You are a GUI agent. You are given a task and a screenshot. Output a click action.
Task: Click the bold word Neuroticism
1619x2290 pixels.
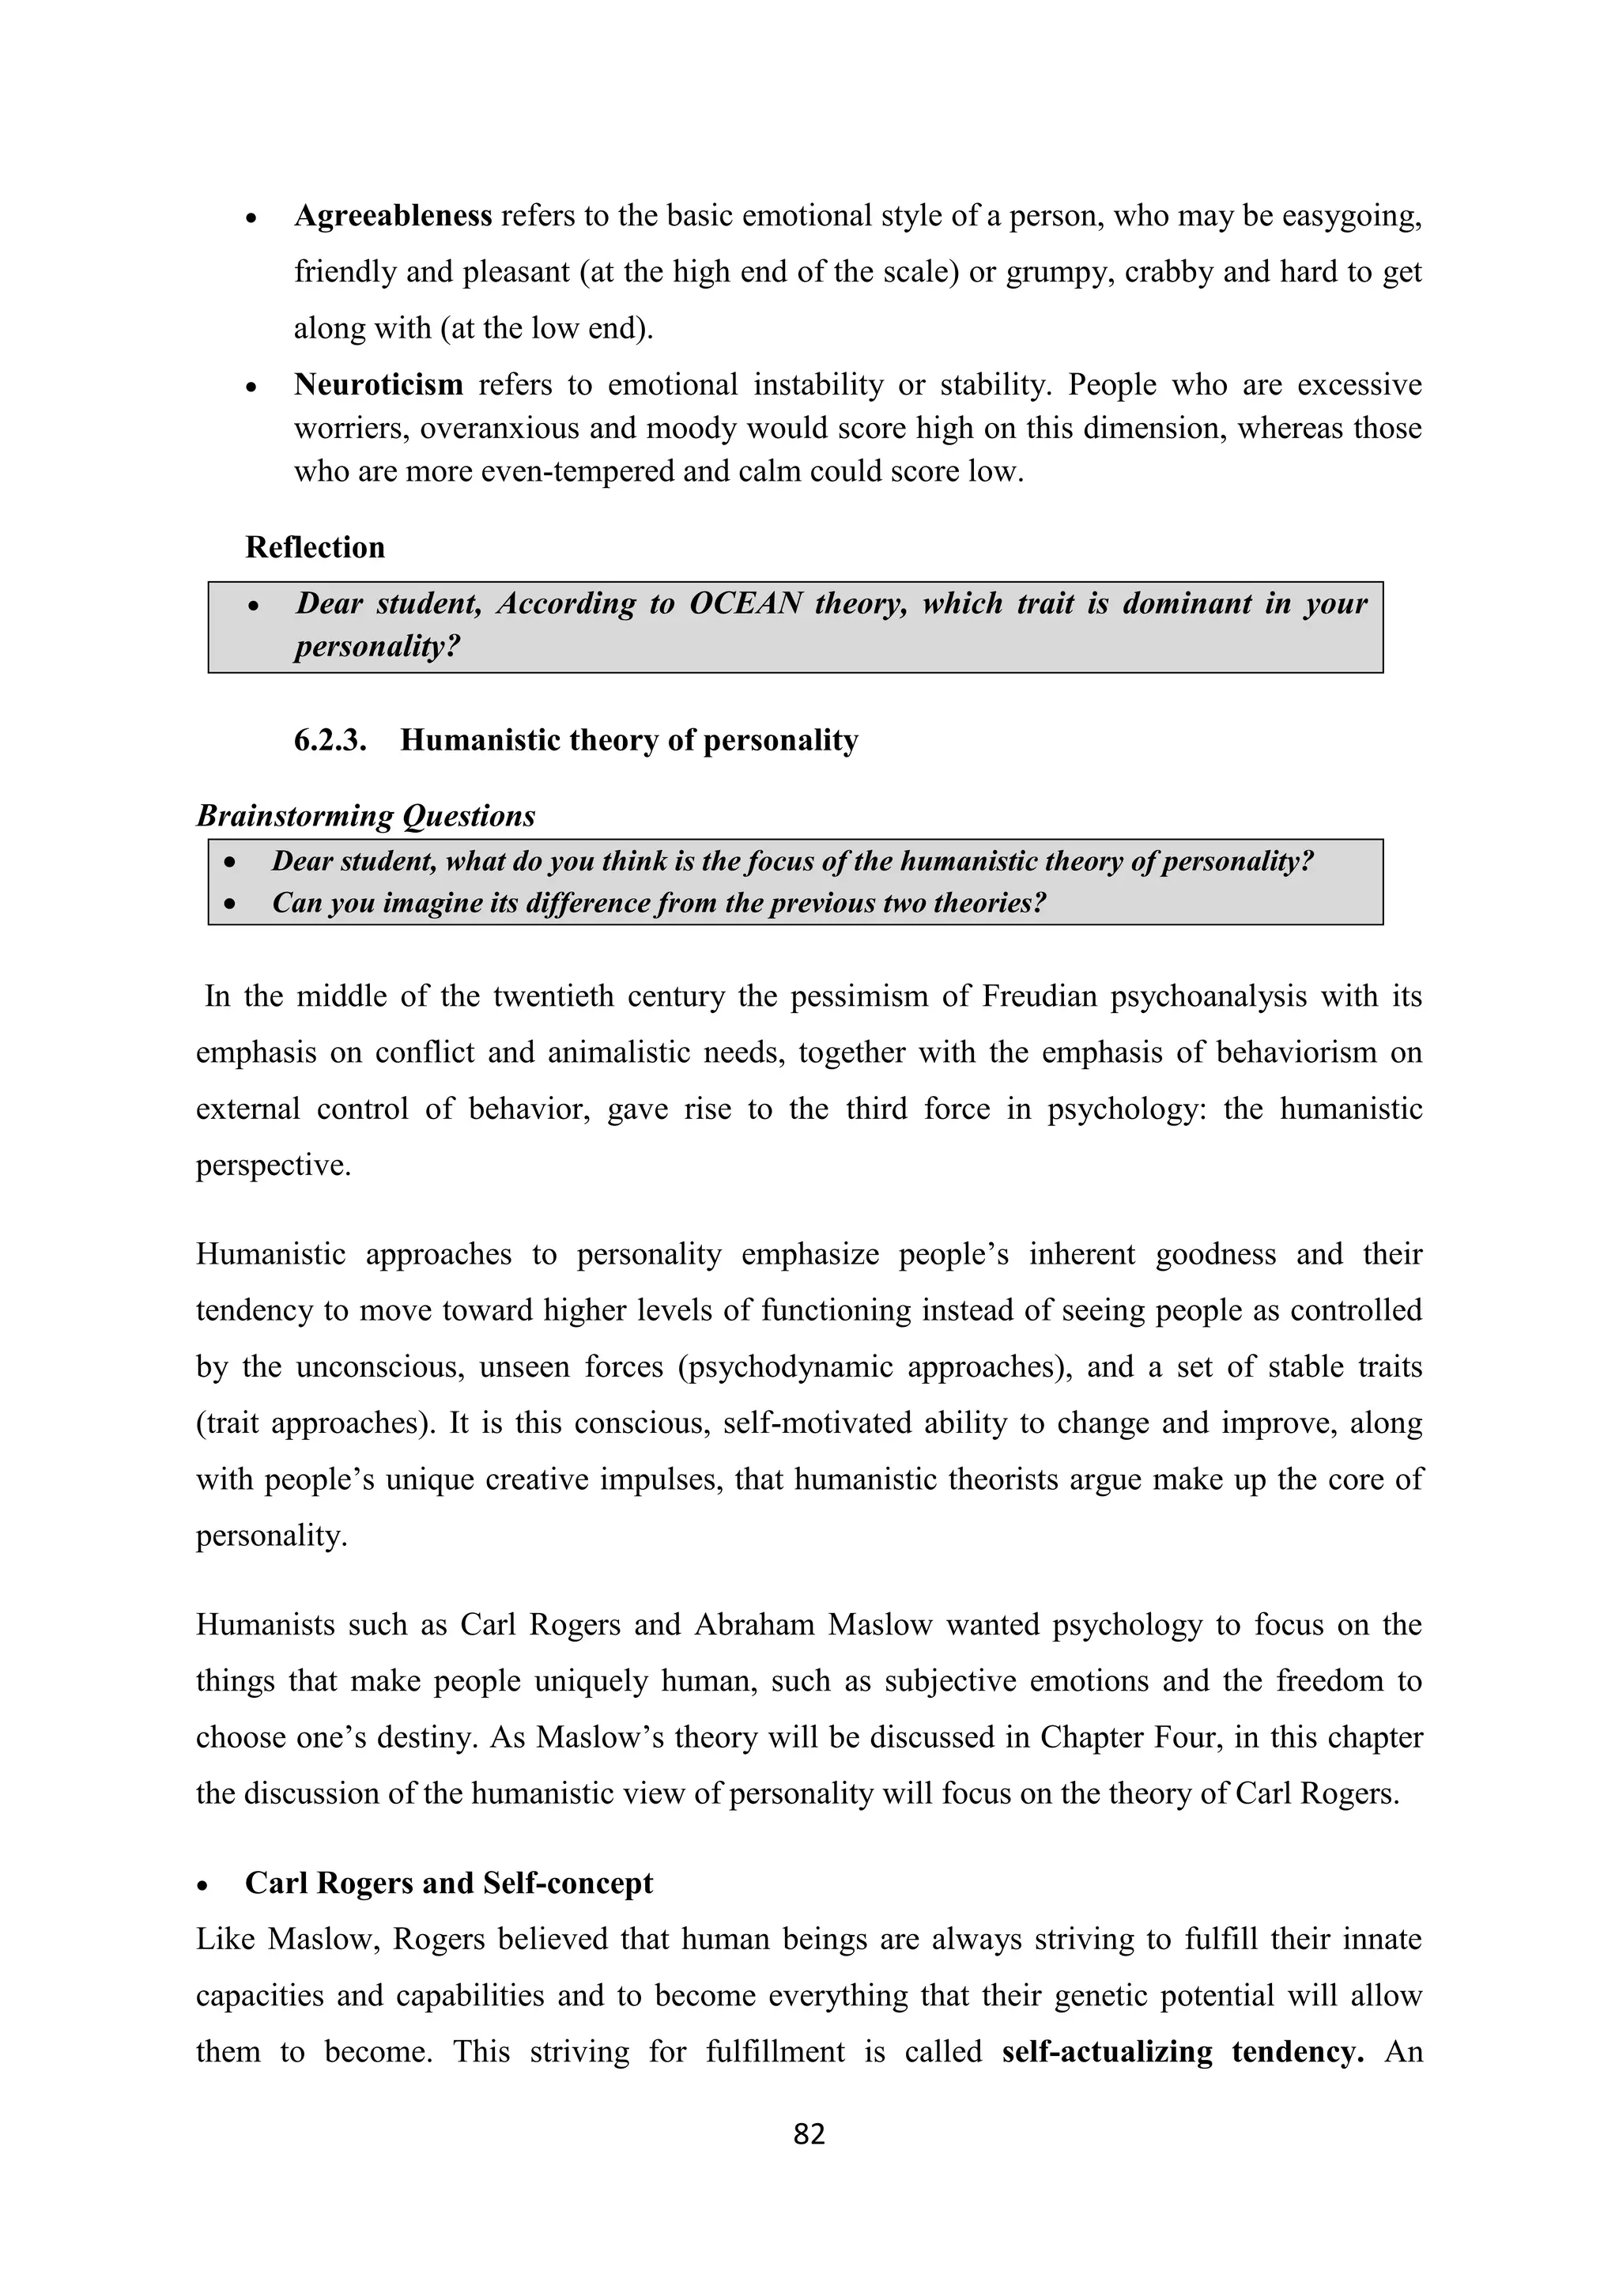pyautogui.click(x=378, y=384)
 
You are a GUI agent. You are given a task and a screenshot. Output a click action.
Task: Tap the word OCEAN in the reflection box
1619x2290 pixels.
pyautogui.click(x=745, y=603)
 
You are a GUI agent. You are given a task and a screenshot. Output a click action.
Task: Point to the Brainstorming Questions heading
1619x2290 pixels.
pyautogui.click(x=365, y=816)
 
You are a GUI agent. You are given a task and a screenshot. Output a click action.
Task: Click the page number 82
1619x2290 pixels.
pyautogui.click(x=809, y=2134)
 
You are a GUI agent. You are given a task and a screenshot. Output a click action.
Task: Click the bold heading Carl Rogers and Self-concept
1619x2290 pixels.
pyautogui.click(x=448, y=1883)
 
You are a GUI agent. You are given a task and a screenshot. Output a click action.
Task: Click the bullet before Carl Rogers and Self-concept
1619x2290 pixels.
pyautogui.click(x=203, y=1885)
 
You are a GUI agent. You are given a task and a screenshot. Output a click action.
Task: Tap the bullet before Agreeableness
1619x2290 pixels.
pyautogui.click(x=252, y=217)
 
